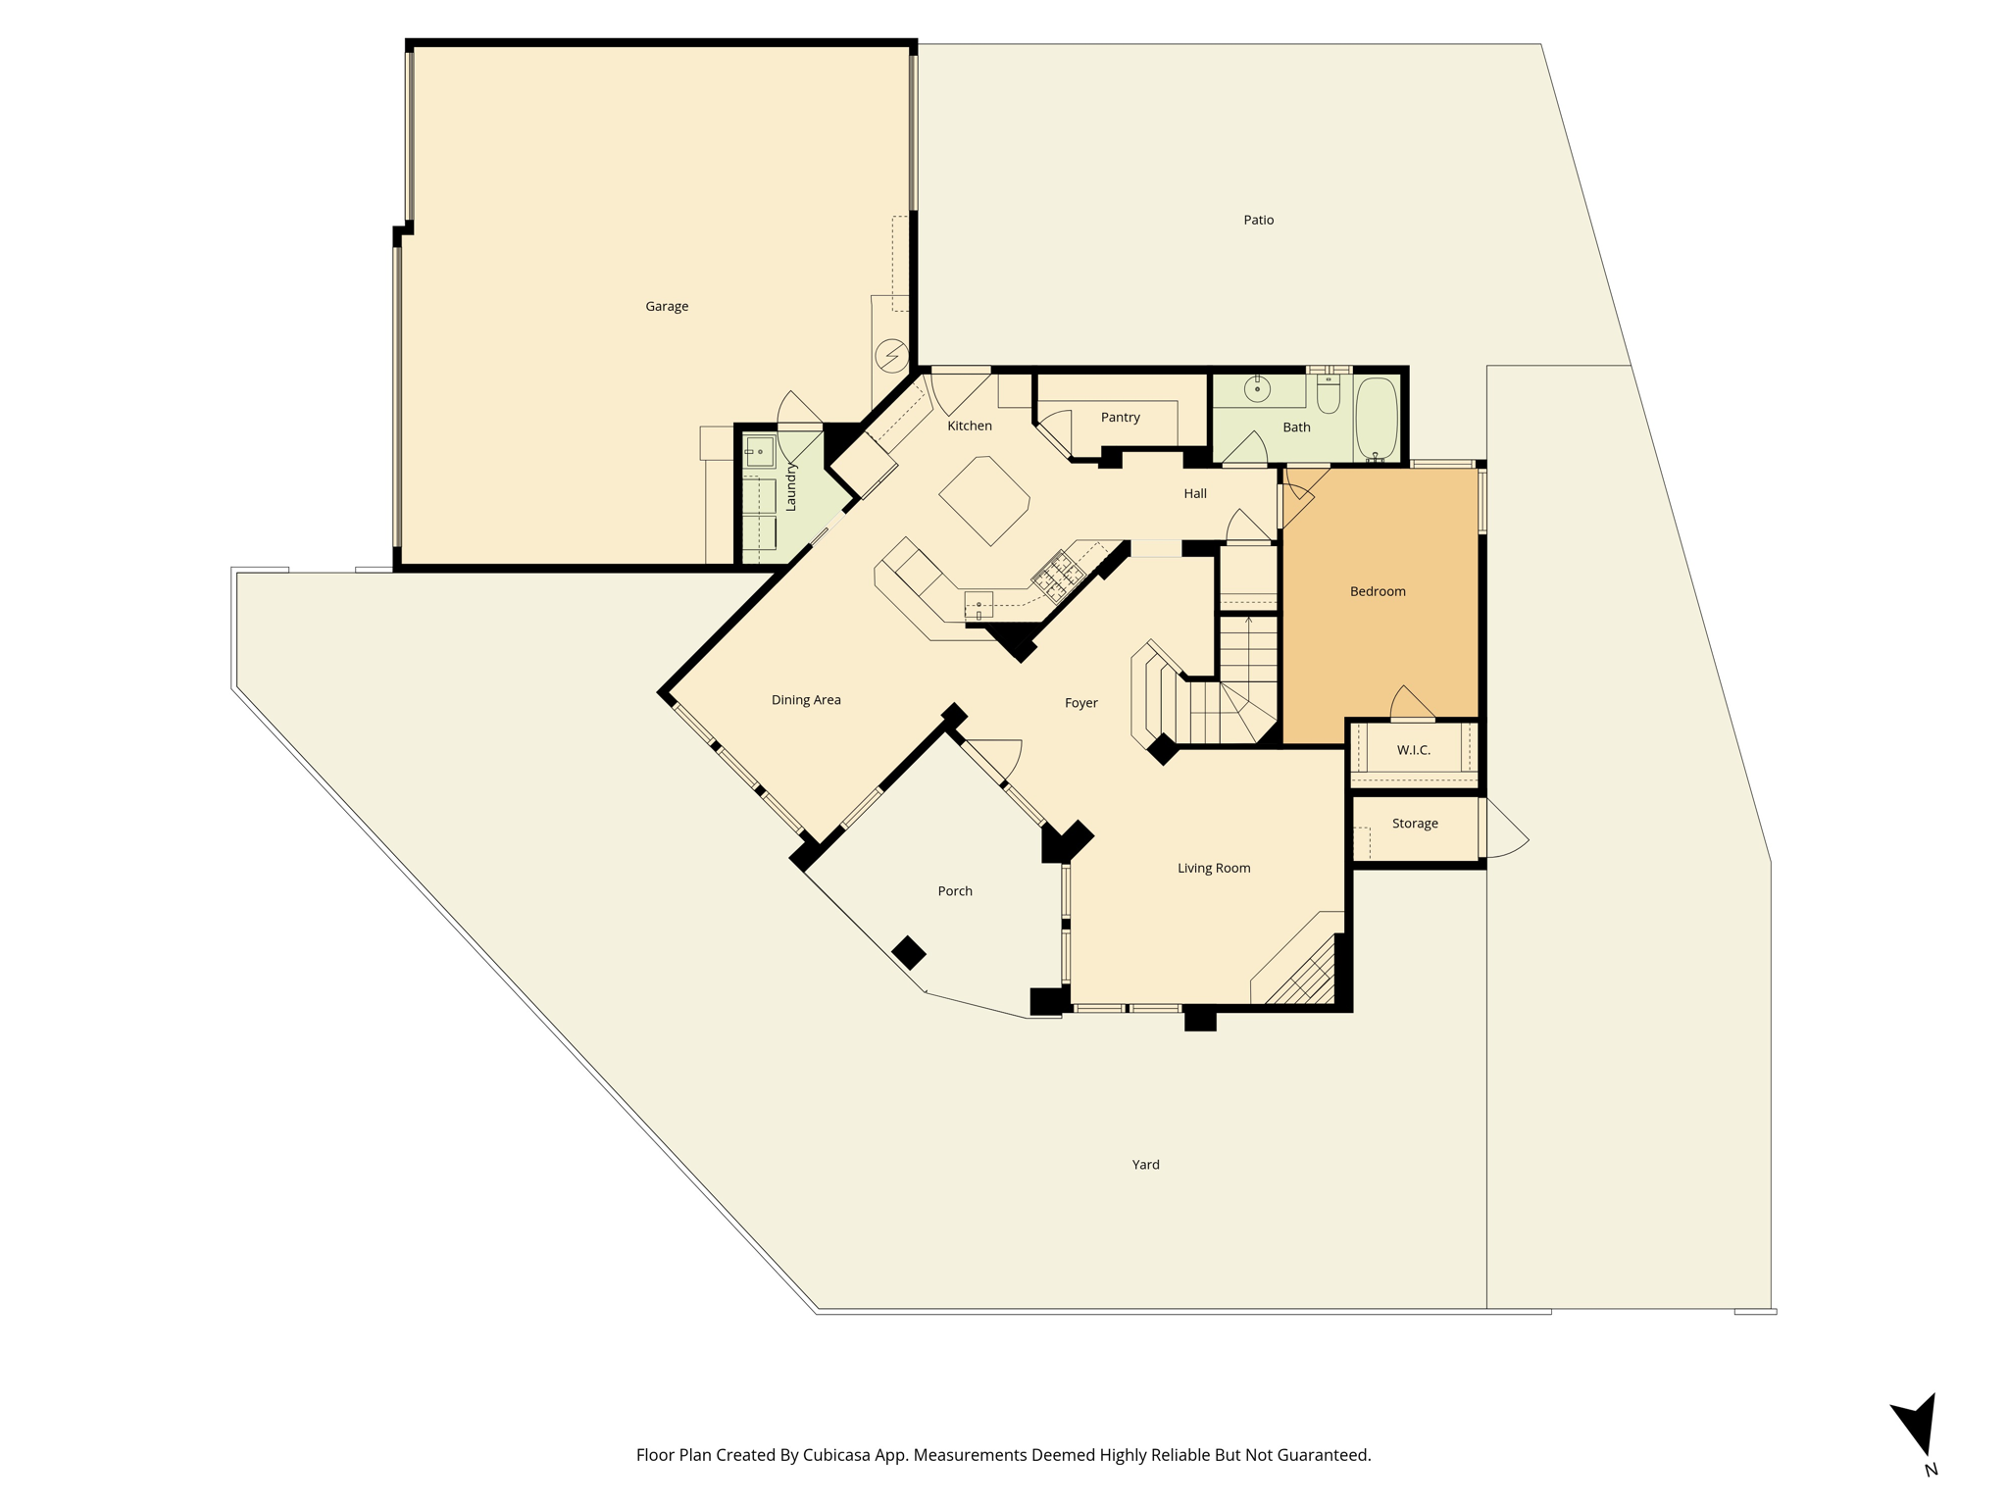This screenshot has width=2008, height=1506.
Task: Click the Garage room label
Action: [667, 307]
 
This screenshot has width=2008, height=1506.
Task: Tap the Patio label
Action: [1259, 220]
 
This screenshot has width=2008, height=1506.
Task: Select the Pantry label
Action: [1121, 418]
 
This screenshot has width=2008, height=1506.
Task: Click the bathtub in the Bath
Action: [1377, 419]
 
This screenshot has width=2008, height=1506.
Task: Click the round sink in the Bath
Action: [1257, 389]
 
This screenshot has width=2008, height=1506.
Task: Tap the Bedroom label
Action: [1378, 591]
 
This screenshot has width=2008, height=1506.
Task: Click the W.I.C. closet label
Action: [1414, 750]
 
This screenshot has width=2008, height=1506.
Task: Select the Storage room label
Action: [1415, 824]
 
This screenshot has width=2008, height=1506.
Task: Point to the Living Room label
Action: [1214, 868]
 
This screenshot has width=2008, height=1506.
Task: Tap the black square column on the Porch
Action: [909, 952]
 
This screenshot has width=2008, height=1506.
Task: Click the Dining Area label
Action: [806, 700]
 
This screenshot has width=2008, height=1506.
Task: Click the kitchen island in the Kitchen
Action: [984, 501]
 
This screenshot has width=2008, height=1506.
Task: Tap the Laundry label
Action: [791, 487]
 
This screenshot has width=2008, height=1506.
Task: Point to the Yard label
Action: [1145, 1165]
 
